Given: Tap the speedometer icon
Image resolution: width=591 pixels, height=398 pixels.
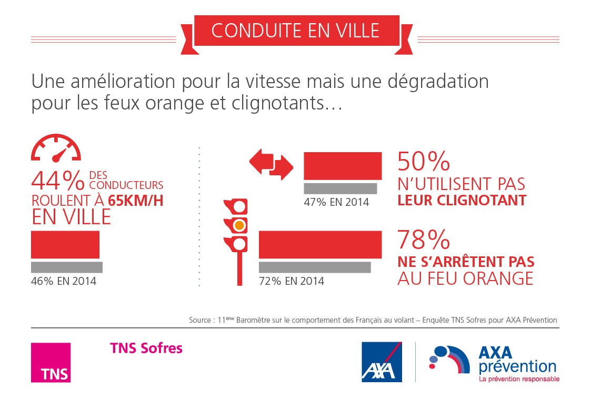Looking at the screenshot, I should [56, 148].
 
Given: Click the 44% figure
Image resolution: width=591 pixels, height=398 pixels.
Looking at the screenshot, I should [58, 181].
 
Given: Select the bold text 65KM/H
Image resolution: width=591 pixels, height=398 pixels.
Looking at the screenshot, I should [135, 201].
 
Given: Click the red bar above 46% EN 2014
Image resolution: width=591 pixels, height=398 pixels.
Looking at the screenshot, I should [65, 244].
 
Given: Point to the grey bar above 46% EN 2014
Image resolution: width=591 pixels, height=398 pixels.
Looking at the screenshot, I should [67, 267].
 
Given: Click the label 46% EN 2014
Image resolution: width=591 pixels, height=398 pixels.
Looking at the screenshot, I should [64, 281].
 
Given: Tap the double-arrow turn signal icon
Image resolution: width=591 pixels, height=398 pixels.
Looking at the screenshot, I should [271, 163].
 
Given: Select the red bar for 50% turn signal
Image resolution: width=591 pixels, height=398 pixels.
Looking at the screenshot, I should [343, 166].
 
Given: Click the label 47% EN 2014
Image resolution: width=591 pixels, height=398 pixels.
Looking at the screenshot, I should [336, 202].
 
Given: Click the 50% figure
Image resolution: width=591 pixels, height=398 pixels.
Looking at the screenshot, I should [424, 162].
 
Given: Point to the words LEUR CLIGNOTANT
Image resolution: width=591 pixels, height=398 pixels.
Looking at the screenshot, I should [462, 201].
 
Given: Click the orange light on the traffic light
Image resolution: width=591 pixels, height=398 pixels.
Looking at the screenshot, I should [239, 225].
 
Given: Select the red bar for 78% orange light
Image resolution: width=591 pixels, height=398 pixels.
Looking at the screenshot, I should [320, 244].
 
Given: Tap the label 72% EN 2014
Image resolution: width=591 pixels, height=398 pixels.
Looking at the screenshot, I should [292, 281].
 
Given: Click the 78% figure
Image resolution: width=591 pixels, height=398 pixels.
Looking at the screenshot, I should [424, 240].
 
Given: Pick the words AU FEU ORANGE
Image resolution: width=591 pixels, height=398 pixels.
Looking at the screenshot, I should [465, 278].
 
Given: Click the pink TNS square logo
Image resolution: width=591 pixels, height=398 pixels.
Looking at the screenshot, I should [51, 362].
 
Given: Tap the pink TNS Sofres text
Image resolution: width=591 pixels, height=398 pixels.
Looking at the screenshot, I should [146, 348].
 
